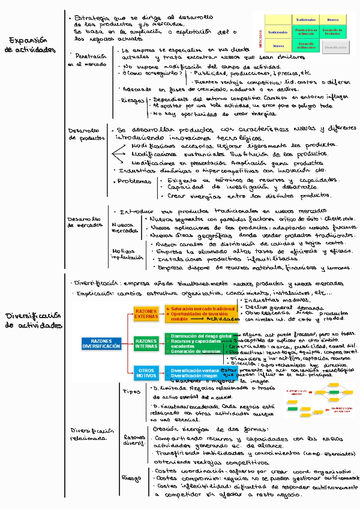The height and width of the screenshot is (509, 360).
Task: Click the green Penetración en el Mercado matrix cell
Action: point(306,32)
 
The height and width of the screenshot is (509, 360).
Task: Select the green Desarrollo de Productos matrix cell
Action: point(331,32)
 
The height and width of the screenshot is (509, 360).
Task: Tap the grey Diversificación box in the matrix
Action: point(331,46)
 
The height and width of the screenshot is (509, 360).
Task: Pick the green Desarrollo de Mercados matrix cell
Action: point(306,46)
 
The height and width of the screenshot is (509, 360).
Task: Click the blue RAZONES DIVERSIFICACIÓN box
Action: point(101,343)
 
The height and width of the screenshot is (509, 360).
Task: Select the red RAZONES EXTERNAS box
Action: point(146,314)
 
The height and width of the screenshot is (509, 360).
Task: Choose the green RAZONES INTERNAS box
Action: point(146,343)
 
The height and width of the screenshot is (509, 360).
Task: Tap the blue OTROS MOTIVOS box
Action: point(146,373)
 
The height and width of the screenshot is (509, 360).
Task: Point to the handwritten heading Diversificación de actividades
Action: point(32,320)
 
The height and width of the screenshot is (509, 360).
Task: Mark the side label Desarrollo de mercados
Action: point(85,221)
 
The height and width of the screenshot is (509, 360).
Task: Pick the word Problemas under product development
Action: point(134,181)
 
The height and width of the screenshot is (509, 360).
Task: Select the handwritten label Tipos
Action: point(131,391)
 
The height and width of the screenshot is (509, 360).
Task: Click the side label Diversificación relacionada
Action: point(92,434)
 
